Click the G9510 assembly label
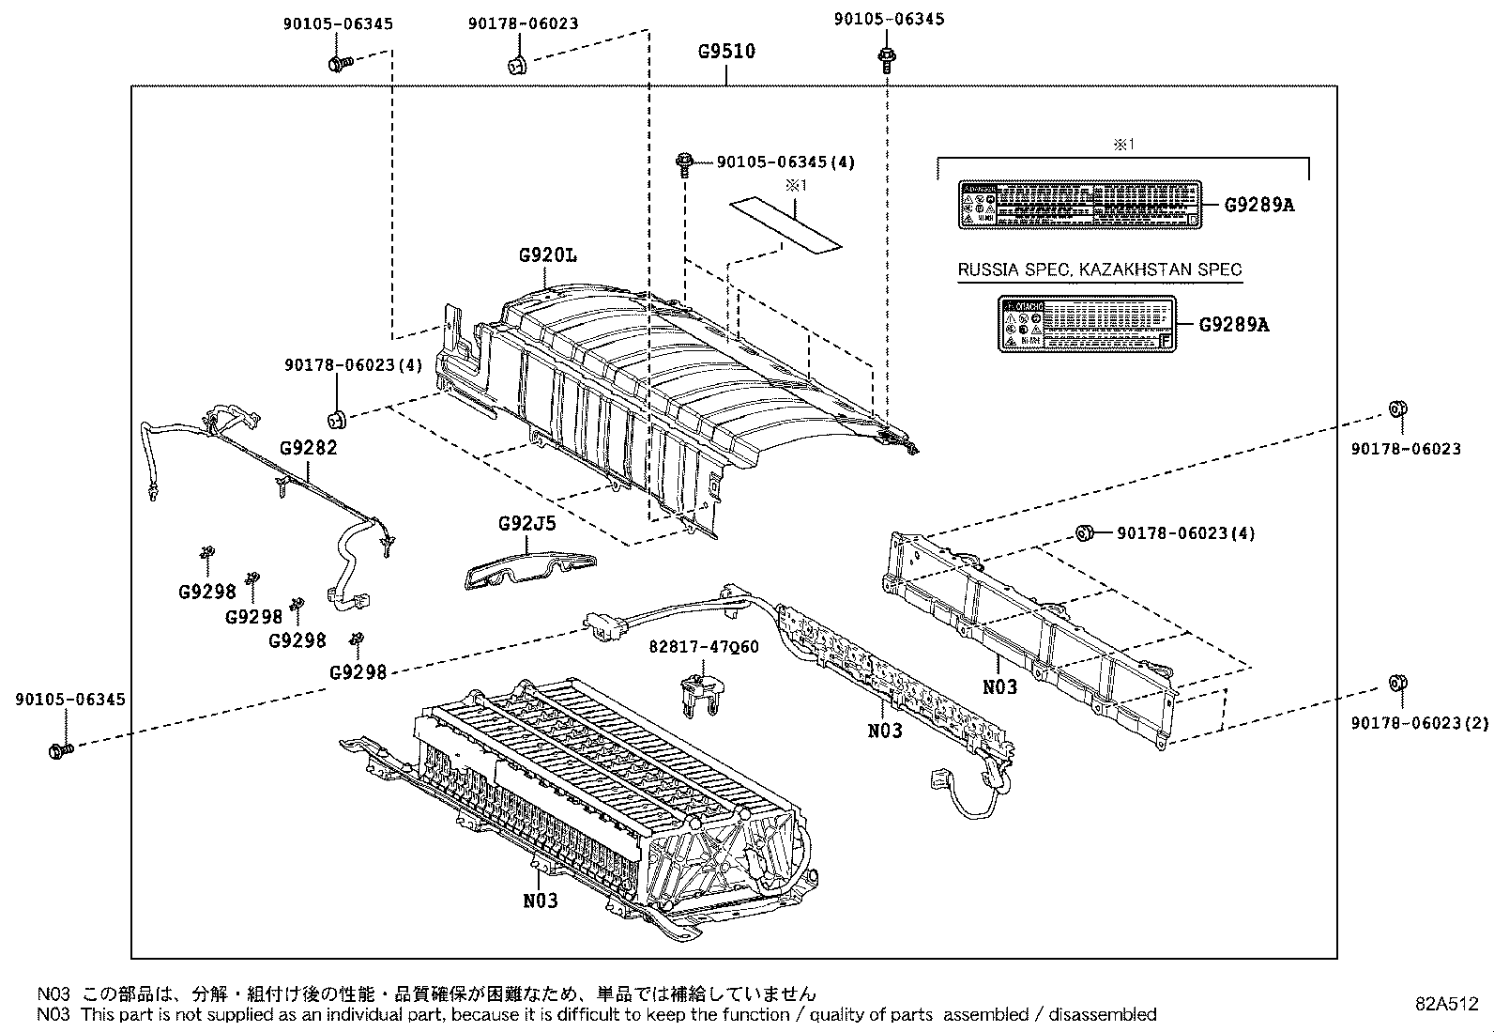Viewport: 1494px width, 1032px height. [726, 51]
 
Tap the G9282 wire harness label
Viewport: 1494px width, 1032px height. [308, 447]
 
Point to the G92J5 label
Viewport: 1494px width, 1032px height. [526, 523]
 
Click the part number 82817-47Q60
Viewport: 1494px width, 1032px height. [704, 647]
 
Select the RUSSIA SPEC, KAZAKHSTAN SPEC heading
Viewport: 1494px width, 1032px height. [1099, 270]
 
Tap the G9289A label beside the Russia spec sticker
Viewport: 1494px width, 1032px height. [1234, 324]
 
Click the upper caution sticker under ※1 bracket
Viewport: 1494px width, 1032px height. [1079, 204]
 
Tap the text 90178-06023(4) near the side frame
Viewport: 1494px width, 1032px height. [1186, 533]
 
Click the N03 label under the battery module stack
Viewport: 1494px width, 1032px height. [541, 901]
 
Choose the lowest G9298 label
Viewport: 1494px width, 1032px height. [358, 672]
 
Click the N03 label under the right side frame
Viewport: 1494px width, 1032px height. [999, 686]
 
